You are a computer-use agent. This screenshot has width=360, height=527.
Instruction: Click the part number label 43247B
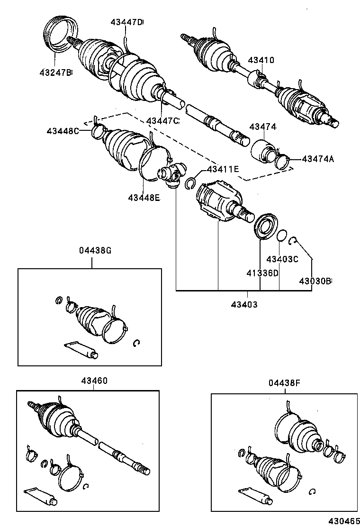pyautogui.click(x=55, y=73)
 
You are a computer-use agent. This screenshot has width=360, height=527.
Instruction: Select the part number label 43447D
pyautogui.click(x=126, y=22)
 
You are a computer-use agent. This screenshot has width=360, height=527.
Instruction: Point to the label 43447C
pyautogui.click(x=162, y=121)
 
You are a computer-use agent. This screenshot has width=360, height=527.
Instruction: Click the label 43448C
pyautogui.click(x=63, y=131)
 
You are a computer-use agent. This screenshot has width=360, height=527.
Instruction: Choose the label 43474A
pyautogui.click(x=317, y=159)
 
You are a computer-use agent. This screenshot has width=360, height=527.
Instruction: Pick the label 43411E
pyautogui.click(x=222, y=169)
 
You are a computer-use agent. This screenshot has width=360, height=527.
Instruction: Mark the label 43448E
pyautogui.click(x=144, y=197)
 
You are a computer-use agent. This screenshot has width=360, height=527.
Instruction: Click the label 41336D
pyautogui.click(x=261, y=273)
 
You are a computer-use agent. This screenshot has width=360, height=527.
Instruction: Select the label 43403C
pyautogui.click(x=282, y=259)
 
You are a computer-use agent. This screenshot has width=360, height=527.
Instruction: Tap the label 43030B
pyautogui.click(x=315, y=281)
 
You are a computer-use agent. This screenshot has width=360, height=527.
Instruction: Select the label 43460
pyautogui.click(x=94, y=381)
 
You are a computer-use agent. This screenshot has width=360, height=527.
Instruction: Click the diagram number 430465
pyautogui.click(x=342, y=520)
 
